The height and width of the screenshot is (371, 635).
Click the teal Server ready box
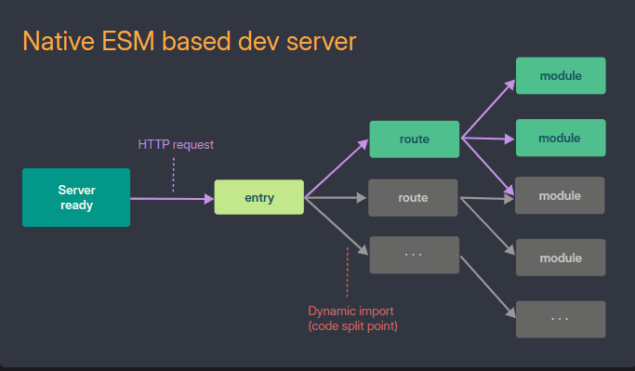76,198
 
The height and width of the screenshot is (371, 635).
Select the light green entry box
259,198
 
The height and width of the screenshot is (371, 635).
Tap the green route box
414,139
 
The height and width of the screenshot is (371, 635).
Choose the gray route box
414,198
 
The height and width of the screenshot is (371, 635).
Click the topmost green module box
560,75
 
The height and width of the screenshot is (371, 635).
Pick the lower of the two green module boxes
560,138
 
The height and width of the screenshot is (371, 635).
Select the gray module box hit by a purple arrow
560,196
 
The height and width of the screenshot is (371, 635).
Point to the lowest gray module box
560,258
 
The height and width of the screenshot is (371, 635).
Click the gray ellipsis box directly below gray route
414,255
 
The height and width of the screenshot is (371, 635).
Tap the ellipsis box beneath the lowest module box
560,319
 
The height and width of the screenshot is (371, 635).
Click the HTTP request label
176,144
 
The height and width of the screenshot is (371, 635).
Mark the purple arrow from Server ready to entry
172,198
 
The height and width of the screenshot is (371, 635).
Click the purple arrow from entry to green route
337,168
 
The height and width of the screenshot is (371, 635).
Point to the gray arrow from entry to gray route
337,198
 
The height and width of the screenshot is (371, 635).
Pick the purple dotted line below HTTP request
173,174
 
